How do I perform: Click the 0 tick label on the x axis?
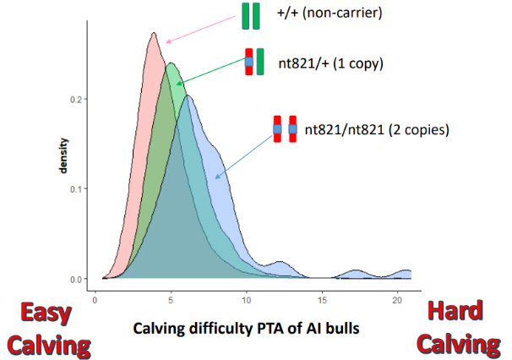point(95,299)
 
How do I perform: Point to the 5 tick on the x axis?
point(171,299)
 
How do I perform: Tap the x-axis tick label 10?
point(246,299)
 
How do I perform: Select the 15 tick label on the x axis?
point(321,299)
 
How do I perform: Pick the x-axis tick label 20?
point(396,299)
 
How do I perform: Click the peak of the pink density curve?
point(153,33)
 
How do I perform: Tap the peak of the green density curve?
point(171,63)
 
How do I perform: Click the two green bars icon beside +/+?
point(251,16)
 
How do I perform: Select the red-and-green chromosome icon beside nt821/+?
point(254,61)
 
